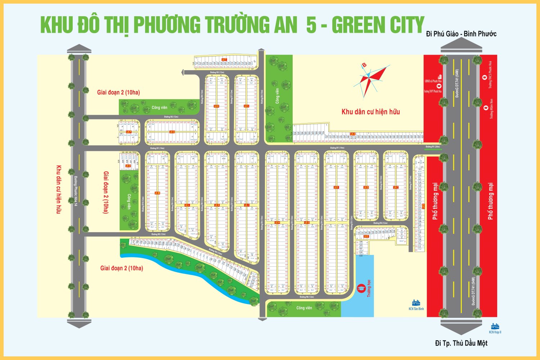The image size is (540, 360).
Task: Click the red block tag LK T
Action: point(224,60)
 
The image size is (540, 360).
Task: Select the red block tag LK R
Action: point(216,106)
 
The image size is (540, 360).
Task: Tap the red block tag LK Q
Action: point(172,132)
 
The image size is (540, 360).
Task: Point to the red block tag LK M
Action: point(157,193)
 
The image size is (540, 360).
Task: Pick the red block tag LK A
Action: point(353,134)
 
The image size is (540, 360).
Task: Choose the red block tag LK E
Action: point(366,237)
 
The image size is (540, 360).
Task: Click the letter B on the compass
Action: point(364,65)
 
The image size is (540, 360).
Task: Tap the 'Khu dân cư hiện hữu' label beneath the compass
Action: point(370,112)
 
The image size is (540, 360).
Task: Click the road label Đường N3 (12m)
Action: point(217,72)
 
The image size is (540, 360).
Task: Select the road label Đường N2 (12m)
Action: point(171,117)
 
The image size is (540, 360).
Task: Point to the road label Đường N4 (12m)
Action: point(380,223)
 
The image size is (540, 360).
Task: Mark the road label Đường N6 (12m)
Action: point(307,297)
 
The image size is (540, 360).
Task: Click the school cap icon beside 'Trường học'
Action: point(361,289)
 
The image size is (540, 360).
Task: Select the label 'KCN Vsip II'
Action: point(495,332)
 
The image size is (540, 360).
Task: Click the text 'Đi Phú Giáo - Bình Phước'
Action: point(461,34)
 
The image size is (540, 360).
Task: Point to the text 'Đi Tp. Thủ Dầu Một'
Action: point(461,343)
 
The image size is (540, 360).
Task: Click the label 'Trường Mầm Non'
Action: point(491,109)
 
